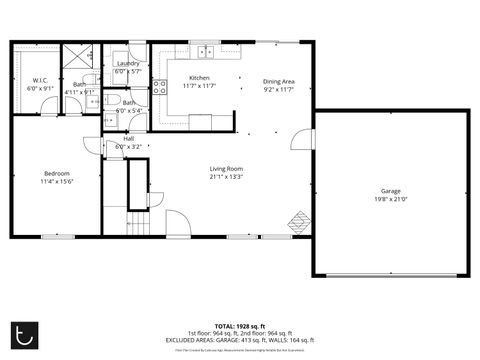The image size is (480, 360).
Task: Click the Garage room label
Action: click(x=390, y=190)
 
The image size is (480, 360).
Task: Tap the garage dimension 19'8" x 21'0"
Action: click(x=390, y=198)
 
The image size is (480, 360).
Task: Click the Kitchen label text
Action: click(x=200, y=78)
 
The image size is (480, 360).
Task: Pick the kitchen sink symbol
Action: click(x=207, y=52)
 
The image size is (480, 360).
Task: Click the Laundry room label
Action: click(x=127, y=64)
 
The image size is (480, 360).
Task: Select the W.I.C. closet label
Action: click(x=40, y=80)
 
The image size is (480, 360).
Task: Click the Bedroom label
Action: click(x=56, y=174)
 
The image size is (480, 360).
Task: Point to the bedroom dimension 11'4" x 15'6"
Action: click(x=56, y=182)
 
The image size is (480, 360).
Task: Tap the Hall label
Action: click(x=129, y=139)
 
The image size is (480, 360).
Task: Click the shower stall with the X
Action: click(x=77, y=58)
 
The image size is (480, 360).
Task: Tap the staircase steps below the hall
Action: click(x=137, y=225)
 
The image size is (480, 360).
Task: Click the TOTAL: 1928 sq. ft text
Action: click(x=240, y=325)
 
